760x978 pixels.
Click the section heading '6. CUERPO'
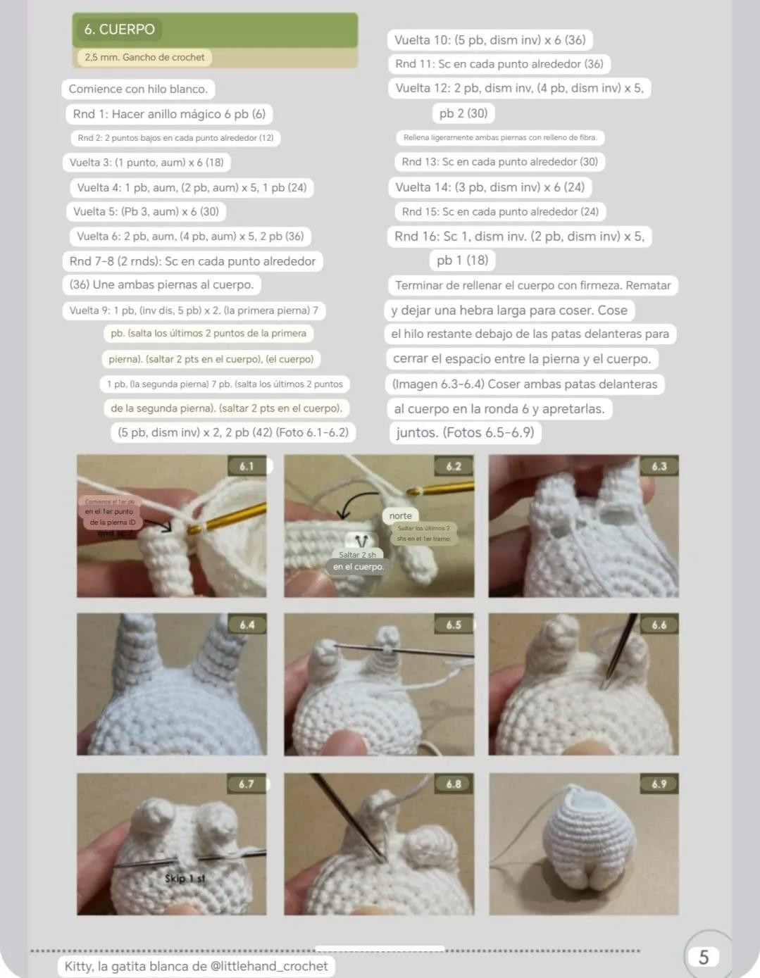click(119, 30)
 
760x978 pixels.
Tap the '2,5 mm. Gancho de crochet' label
click(144, 58)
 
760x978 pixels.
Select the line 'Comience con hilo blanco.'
click(138, 89)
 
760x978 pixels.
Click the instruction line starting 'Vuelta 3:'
click(147, 163)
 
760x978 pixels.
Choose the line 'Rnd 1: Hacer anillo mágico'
click(169, 114)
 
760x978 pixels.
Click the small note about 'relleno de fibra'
click(500, 138)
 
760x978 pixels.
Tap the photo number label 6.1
click(247, 466)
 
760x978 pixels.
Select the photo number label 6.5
click(454, 625)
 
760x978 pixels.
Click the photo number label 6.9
click(659, 784)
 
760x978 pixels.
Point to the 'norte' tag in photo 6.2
click(400, 515)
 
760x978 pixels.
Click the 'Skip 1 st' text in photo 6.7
click(185, 879)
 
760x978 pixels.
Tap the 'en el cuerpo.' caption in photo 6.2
click(359, 567)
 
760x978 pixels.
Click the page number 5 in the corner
click(703, 957)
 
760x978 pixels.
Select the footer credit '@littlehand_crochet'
click(269, 966)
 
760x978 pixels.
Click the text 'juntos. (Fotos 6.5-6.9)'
click(465, 432)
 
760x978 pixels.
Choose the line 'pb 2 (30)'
click(463, 113)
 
